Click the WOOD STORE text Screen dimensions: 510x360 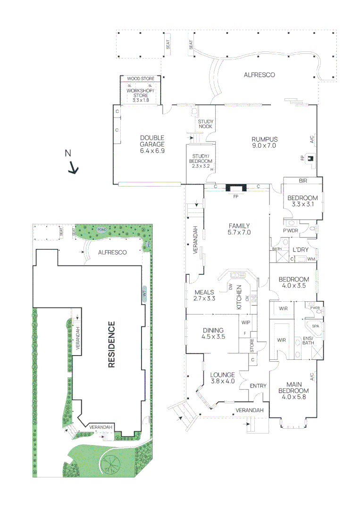tap(141, 78)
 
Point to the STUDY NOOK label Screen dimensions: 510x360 tap(205, 124)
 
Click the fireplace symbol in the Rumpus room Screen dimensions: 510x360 tap(310, 158)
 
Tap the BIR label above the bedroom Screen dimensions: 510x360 tap(302, 181)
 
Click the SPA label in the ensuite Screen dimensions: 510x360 tap(314, 326)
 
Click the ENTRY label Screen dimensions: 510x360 tap(258, 386)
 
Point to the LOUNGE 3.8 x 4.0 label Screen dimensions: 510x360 tap(222, 378)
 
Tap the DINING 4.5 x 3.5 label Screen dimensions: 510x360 tap(214, 334)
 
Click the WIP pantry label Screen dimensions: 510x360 tap(245, 323)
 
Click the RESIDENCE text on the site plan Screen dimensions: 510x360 tap(112, 345)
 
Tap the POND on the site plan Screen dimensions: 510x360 tap(102, 229)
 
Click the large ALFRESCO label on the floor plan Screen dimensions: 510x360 tap(259, 75)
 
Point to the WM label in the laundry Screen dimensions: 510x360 tap(310, 259)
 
